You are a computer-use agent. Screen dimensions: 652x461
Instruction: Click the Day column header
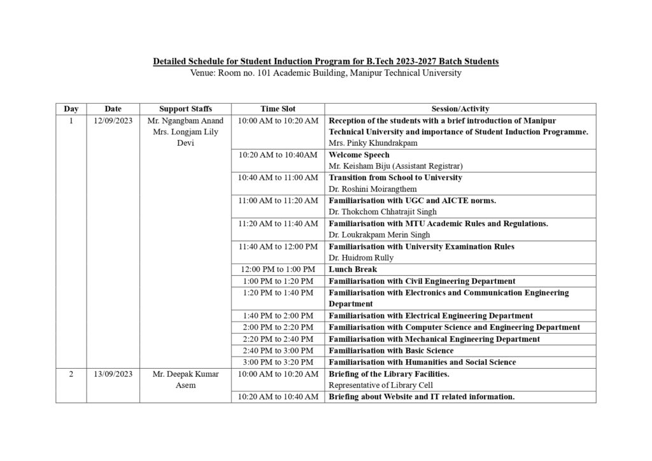point(71,109)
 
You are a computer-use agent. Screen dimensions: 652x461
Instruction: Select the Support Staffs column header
point(185,109)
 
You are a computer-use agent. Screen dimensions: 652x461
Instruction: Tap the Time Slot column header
point(278,109)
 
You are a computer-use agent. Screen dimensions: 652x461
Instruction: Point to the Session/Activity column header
point(460,109)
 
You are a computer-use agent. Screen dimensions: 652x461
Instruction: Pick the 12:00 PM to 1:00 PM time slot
point(278,269)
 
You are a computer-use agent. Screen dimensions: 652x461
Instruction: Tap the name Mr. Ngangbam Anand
point(185,120)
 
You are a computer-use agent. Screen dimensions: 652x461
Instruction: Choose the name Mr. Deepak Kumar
point(185,374)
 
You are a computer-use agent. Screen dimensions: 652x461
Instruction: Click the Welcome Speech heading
point(359,155)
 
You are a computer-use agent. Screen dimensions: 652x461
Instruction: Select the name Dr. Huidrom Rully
point(361,258)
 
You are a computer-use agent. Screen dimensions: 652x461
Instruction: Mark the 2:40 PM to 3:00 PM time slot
point(278,350)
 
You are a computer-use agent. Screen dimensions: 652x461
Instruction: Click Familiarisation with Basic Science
point(391,350)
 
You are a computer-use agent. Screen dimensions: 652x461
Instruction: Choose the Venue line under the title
point(325,73)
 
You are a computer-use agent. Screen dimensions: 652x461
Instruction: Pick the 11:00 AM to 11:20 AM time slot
point(278,201)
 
